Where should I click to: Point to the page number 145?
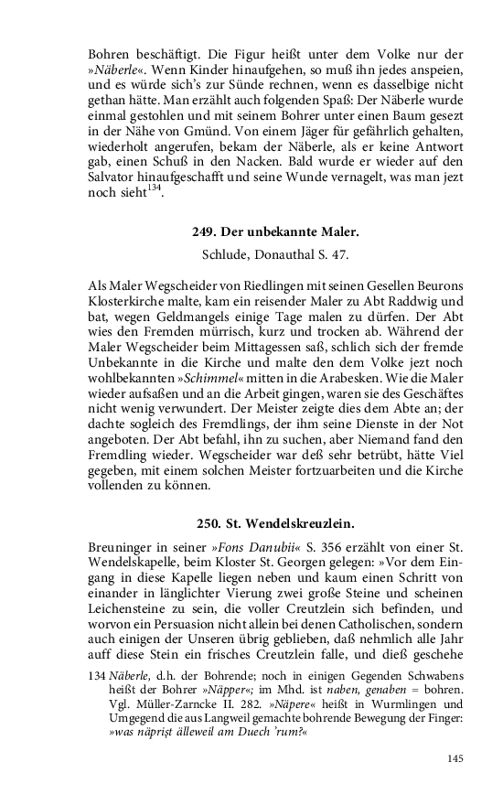point(456,757)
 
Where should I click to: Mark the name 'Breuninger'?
point(126,548)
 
